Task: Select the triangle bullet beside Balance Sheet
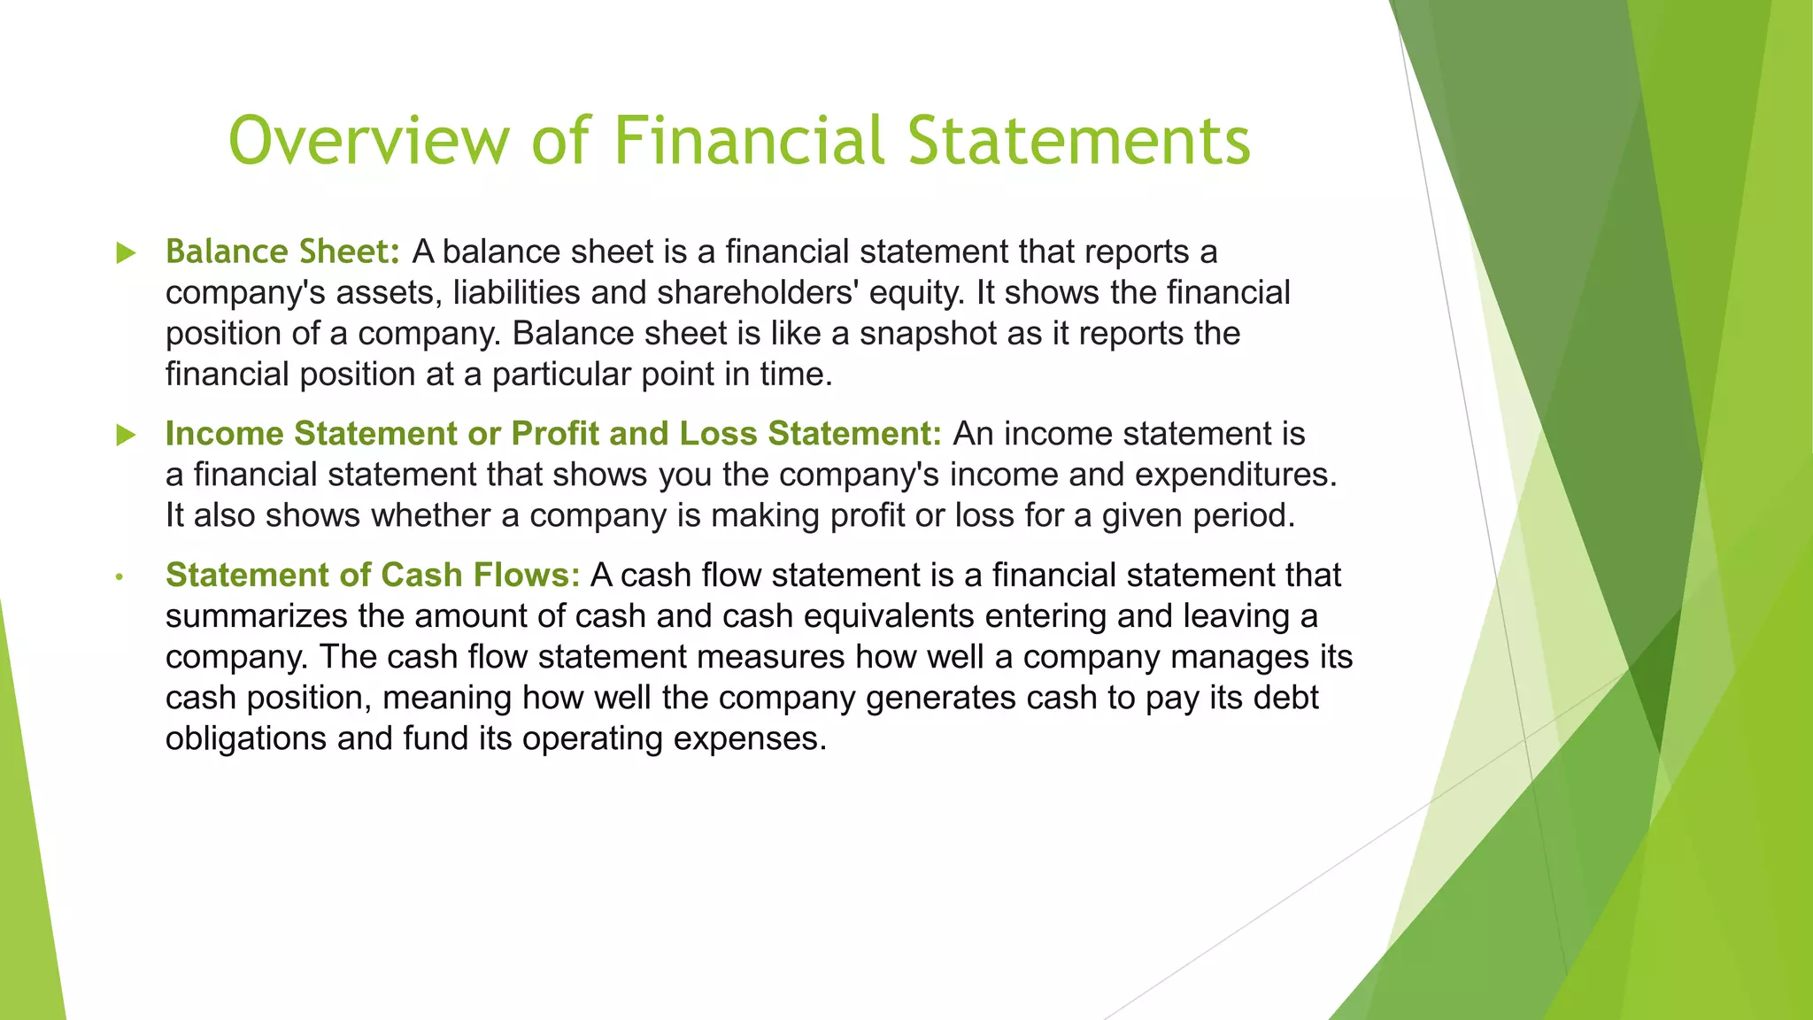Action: tap(127, 253)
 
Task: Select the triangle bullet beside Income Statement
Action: tap(127, 435)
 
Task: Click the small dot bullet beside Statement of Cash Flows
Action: tap(119, 578)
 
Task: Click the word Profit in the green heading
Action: tap(555, 434)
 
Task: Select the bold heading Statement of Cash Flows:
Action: tap(373, 576)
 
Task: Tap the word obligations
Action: tap(246, 738)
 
